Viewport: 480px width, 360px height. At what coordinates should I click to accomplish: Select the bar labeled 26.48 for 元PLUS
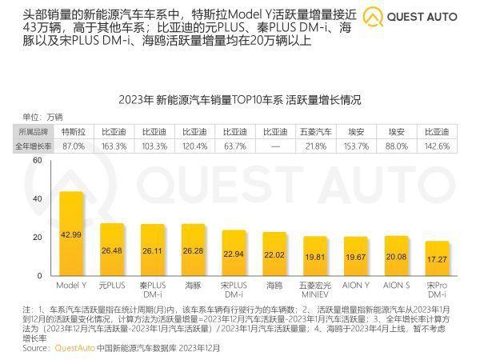[112, 250]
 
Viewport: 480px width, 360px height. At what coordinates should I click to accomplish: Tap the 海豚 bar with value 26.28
[193, 250]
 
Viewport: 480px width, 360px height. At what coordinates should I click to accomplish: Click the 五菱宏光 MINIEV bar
[314, 257]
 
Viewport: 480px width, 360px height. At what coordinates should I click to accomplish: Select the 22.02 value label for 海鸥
[274, 254]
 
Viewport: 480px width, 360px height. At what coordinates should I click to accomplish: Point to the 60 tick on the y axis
[36, 161]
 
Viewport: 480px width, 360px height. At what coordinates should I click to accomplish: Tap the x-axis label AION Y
[354, 284]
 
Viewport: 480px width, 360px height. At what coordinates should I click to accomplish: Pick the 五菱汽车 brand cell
[314, 131]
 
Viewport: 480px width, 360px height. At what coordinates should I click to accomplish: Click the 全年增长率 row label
[34, 146]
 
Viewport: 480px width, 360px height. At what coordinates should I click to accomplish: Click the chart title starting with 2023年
[240, 100]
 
